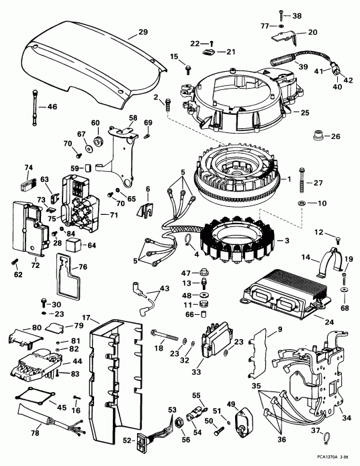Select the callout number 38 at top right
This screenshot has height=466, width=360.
298,15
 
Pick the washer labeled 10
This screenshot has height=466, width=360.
303,202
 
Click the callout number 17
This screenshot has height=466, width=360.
87,318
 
